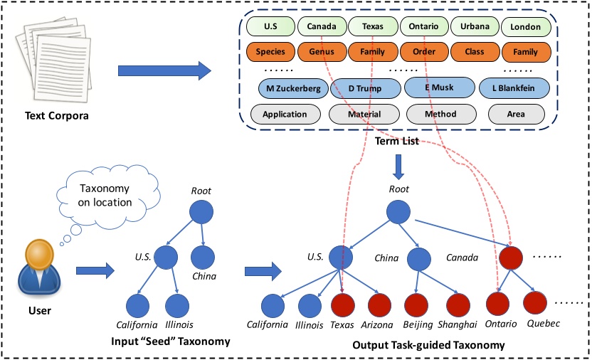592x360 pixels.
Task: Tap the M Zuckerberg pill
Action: pyautogui.click(x=294, y=88)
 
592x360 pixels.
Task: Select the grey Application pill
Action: pyautogui.click(x=285, y=114)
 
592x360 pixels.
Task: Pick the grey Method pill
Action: pyautogui.click(x=440, y=114)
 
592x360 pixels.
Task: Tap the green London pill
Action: pyautogui.click(x=526, y=28)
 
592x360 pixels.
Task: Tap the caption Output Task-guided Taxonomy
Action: pyautogui.click(x=428, y=345)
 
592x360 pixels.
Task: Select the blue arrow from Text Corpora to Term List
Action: pyautogui.click(x=164, y=70)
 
